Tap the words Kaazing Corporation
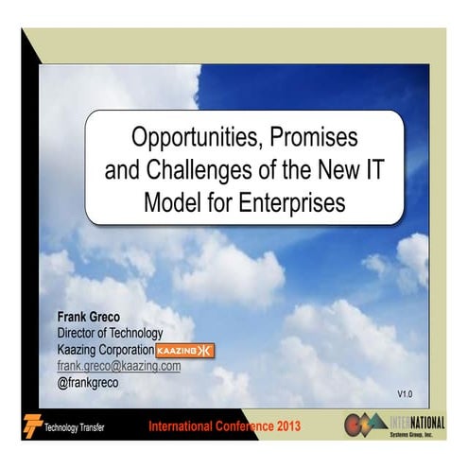(106, 350)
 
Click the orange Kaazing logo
(185, 351)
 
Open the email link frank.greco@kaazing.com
(119, 366)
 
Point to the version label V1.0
(406, 391)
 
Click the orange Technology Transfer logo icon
(34, 425)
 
